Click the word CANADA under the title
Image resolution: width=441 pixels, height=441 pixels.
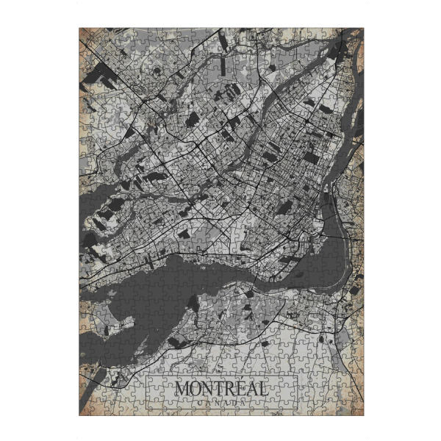pyautogui.click(x=221, y=402)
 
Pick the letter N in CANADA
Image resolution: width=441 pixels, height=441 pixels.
pyautogui.click(x=217, y=402)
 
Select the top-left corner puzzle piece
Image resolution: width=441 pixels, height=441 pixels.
pyautogui.click(x=85, y=34)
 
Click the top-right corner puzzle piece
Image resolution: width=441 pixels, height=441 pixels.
pyautogui.click(x=357, y=34)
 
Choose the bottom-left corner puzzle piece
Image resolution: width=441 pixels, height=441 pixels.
pyautogui.click(x=85, y=409)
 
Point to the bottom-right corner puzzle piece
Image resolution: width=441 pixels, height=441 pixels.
pyautogui.click(x=357, y=409)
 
